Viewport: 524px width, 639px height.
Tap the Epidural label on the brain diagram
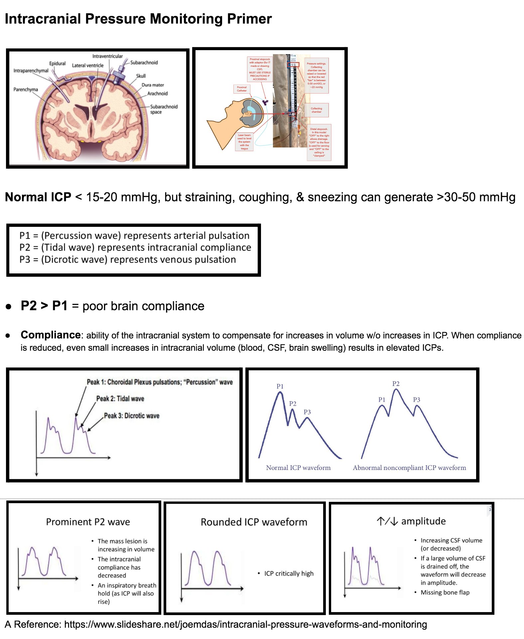coord(57,63)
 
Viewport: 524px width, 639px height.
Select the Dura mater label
coord(153,85)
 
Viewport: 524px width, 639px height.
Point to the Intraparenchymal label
coord(31,71)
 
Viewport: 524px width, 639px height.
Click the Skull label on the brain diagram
coord(141,76)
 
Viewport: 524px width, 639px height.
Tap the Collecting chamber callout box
coord(317,110)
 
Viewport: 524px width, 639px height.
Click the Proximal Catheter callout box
coord(242,89)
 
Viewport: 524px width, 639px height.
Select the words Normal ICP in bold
coord(38,197)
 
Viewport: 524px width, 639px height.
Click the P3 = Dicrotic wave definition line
coord(128,259)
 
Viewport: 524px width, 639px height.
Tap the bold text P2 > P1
coord(44,306)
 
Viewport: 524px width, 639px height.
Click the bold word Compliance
coord(51,335)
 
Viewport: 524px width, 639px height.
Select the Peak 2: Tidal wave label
coord(120,399)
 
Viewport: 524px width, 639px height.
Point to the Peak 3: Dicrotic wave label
coord(132,416)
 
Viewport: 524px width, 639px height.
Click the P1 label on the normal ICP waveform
coord(280,386)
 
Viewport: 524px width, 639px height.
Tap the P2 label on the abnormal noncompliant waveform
coord(396,384)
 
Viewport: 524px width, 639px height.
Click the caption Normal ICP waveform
coord(298,468)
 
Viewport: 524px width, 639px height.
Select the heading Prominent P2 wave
coord(88,522)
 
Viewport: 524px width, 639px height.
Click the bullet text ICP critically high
coord(289,574)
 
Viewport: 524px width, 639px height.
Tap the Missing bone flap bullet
coord(445,593)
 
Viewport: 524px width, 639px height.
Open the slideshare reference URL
coord(245,625)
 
